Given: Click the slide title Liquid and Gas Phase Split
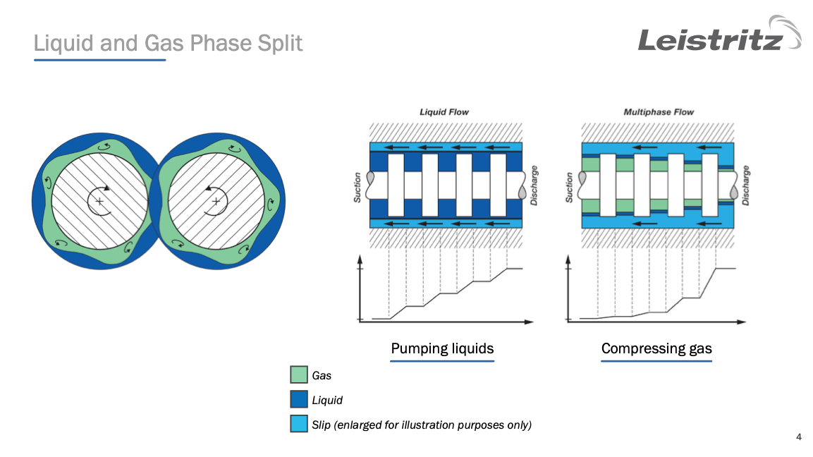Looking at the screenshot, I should [168, 44].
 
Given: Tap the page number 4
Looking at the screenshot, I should [798, 437].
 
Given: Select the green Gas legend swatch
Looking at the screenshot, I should [299, 374].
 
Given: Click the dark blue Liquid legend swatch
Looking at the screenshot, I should [299, 399].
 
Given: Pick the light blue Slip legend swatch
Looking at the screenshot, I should [299, 424].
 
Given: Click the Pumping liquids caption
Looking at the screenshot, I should [442, 348].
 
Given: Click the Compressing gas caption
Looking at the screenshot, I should [656, 348].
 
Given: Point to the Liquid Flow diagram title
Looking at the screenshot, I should [444, 112].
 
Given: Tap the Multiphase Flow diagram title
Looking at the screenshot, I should [659, 112].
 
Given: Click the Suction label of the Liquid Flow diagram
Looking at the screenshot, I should [357, 188].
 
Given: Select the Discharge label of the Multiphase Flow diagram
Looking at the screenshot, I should [745, 186].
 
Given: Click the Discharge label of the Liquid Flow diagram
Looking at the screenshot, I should [534, 186].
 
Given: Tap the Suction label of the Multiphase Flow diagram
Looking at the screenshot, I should [570, 188].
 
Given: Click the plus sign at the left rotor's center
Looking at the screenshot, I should [99, 202].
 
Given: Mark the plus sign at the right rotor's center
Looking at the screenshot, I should [216, 202].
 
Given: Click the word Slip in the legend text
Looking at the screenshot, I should [322, 425].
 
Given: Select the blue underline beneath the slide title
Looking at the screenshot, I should [99, 60].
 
